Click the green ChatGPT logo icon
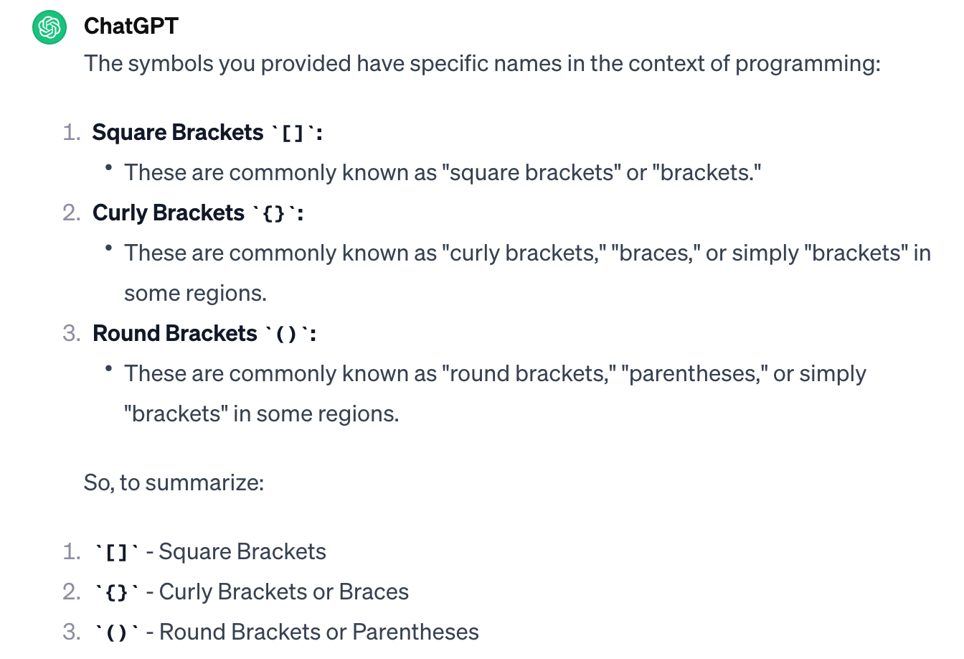(x=49, y=27)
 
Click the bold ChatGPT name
(x=131, y=26)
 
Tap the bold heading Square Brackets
(x=178, y=133)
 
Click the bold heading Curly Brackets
(x=169, y=213)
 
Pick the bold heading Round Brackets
(x=175, y=334)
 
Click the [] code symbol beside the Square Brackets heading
(x=293, y=134)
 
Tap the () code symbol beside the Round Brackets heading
(x=286, y=335)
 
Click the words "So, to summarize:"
(x=174, y=482)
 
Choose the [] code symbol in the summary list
(x=116, y=553)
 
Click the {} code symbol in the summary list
(x=116, y=593)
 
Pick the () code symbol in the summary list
(x=116, y=633)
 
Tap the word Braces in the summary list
(x=374, y=592)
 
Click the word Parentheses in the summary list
(x=415, y=632)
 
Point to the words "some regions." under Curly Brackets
(x=195, y=294)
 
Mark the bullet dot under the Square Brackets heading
(x=108, y=167)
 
